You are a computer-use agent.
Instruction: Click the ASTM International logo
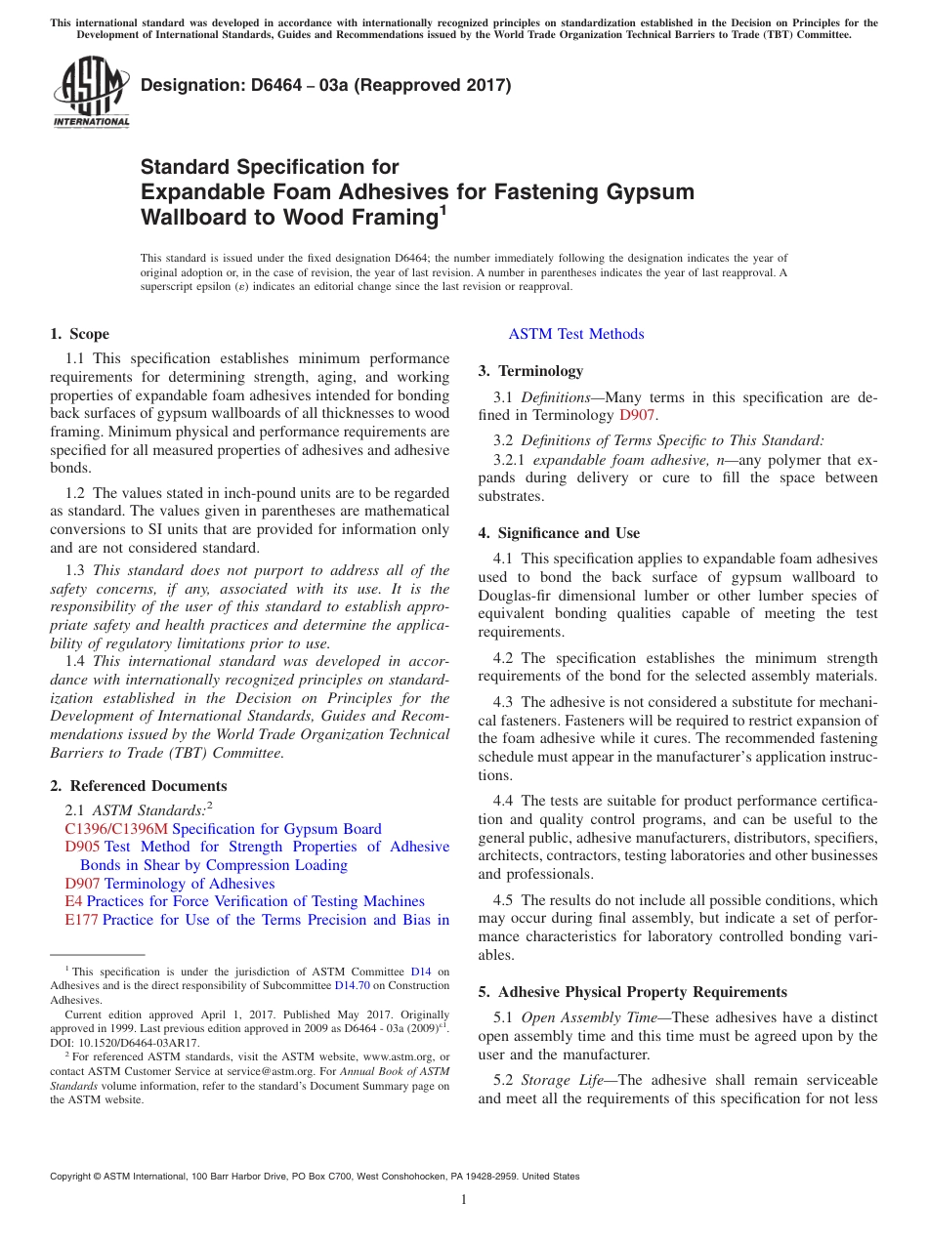(91, 93)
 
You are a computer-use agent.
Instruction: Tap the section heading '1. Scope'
(80, 334)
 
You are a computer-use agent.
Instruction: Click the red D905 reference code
(82, 847)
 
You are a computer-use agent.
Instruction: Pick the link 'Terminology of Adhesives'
(190, 884)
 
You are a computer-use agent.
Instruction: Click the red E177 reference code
(81, 920)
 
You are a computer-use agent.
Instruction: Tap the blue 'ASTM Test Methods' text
(576, 334)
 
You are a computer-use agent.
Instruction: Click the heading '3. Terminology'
(530, 371)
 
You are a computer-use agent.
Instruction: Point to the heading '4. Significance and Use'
(559, 533)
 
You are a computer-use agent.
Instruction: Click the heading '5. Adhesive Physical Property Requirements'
(632, 992)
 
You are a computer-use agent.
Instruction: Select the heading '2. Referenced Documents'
(139, 786)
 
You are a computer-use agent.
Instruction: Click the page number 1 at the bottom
(464, 1200)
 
